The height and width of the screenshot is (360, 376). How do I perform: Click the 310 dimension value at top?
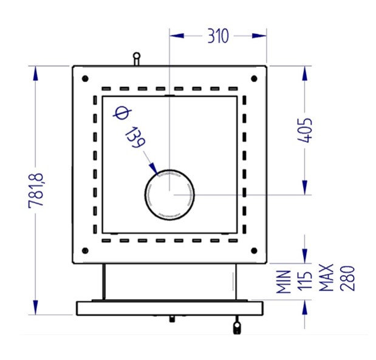click(217, 36)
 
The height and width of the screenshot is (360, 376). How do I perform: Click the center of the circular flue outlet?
click(169, 194)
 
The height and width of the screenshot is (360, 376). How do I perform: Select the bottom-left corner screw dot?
click(84, 251)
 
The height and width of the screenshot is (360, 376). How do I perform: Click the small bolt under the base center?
click(172, 318)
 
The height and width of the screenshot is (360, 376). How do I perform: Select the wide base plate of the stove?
click(169, 308)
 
